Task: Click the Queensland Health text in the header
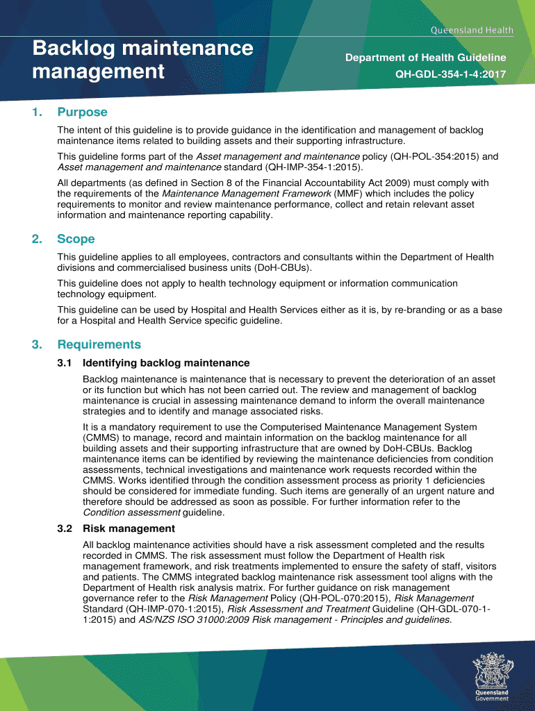472,30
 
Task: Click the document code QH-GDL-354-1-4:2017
450,74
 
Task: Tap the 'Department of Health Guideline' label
425,58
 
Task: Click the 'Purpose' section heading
82,112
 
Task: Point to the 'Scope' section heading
76,239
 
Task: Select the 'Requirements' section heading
99,344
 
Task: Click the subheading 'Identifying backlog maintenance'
165,363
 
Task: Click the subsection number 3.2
65,528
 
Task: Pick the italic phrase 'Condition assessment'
131,512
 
